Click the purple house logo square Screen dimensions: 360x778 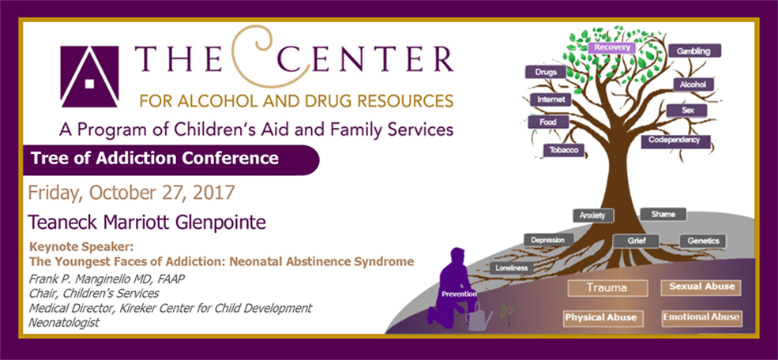click(89, 77)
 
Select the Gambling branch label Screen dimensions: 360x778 click(694, 51)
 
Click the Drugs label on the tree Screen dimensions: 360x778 click(544, 73)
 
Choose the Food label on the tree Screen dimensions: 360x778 click(547, 122)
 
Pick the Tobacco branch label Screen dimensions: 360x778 click(563, 150)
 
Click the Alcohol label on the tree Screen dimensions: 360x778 click(693, 84)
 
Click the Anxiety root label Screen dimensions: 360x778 click(592, 215)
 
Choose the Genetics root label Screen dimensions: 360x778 click(702, 241)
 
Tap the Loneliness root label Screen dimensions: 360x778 click(510, 268)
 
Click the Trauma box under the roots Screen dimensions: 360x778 click(607, 288)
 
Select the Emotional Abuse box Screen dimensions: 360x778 click(701, 317)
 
